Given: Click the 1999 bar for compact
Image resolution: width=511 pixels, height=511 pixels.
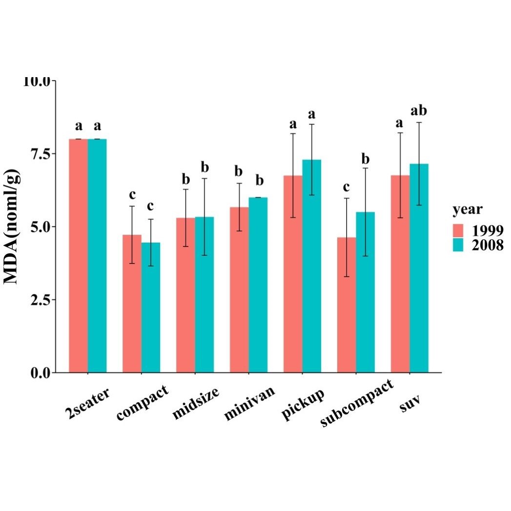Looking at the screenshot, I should coord(132,304).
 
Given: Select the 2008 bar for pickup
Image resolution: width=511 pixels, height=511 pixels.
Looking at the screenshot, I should coord(312,266).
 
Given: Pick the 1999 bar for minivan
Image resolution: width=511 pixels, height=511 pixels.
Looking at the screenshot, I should coord(239,289).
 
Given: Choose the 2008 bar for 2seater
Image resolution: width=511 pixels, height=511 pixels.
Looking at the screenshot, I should coord(97,256).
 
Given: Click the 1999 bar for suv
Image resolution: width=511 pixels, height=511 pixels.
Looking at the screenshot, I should coord(400,274).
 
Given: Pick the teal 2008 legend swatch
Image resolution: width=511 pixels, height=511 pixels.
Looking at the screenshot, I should coord(458,245).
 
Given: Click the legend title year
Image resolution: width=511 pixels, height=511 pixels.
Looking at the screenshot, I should coord(468,210).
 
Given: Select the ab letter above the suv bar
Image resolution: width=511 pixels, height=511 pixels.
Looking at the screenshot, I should coord(419,111).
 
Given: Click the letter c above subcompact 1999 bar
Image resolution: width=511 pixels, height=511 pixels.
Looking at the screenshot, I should coord(347,187).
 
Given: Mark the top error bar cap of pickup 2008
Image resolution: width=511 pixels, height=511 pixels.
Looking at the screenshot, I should coord(312,124).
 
